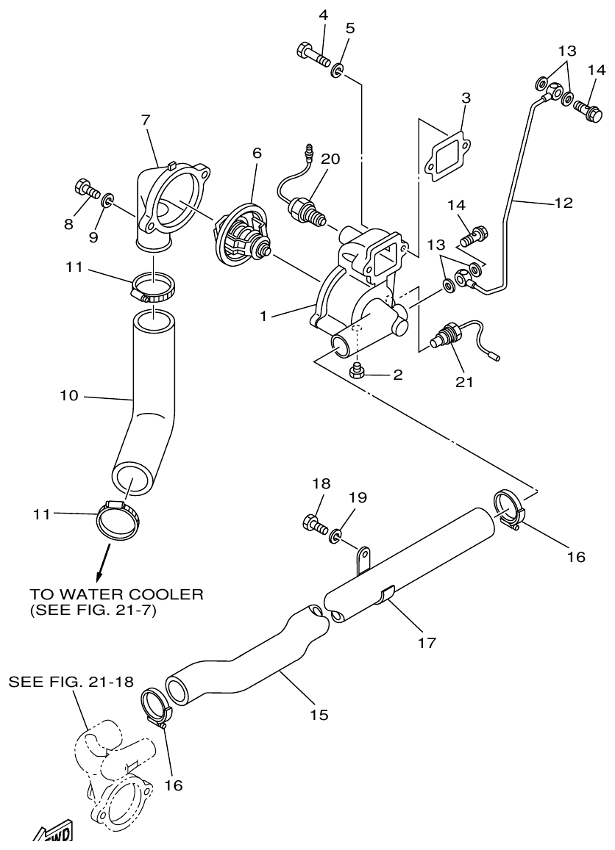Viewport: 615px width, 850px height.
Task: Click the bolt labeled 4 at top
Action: [312, 53]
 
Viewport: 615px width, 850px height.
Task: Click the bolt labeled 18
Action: [313, 523]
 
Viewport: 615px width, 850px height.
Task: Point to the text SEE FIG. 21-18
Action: [71, 682]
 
